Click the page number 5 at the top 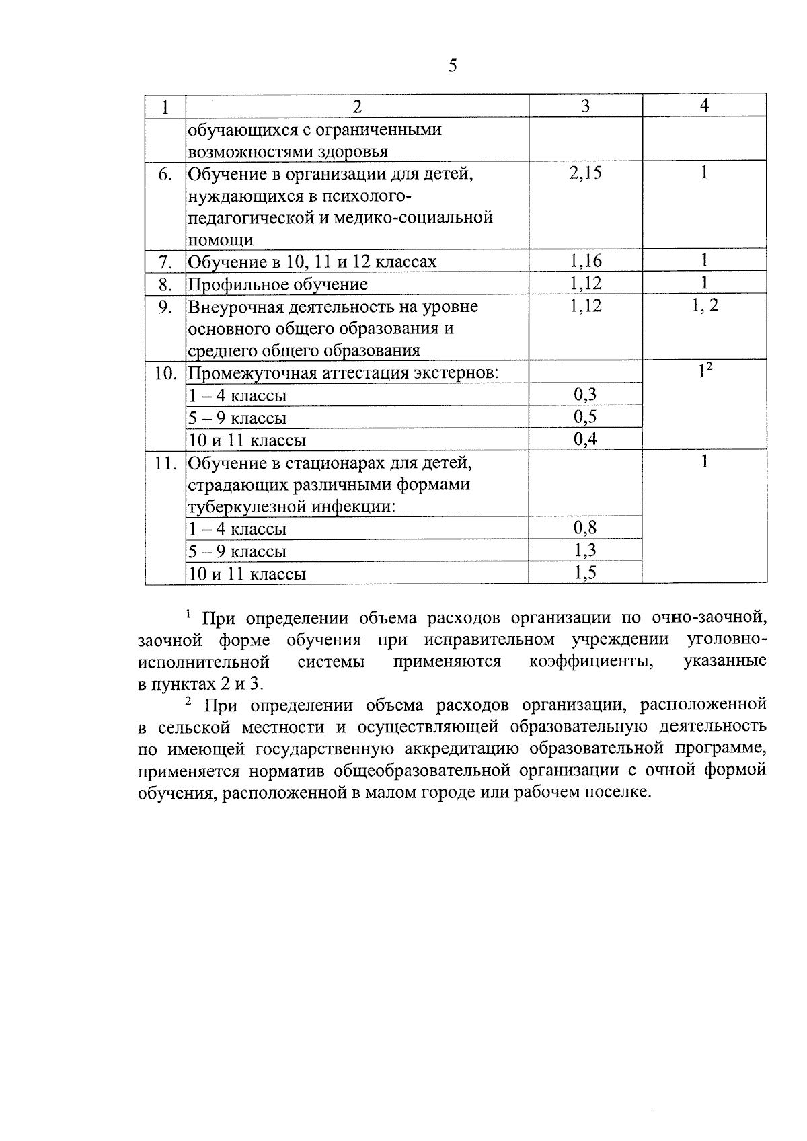(452, 66)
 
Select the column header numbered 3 (585, 106)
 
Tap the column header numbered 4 (704, 105)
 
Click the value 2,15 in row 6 (585, 173)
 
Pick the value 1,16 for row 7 (585, 261)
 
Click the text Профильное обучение (278, 284)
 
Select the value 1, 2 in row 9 (704, 306)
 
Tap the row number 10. (165, 373)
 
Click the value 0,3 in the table (585, 395)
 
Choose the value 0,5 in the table (585, 417)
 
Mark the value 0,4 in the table (585, 440)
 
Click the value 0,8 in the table (585, 528)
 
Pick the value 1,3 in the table (585, 551)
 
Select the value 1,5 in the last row (585, 573)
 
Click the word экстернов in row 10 (449, 373)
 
